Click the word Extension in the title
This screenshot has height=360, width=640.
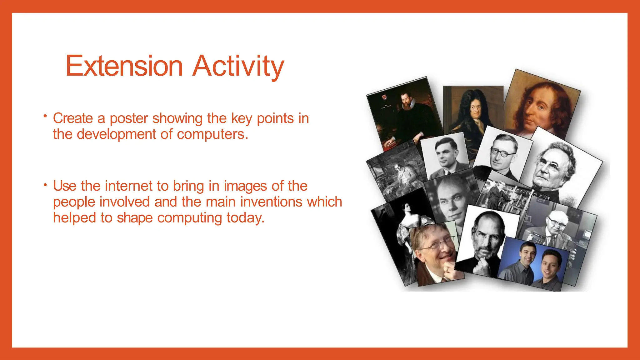pyautogui.click(x=124, y=66)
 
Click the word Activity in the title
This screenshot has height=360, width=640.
pyautogui.click(x=238, y=66)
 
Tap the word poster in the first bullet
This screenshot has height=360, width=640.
pyautogui.click(x=129, y=118)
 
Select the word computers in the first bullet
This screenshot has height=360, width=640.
pyautogui.click(x=212, y=134)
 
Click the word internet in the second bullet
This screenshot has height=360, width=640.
pyautogui.click(x=129, y=186)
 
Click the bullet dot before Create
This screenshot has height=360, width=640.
pyautogui.click(x=45, y=117)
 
